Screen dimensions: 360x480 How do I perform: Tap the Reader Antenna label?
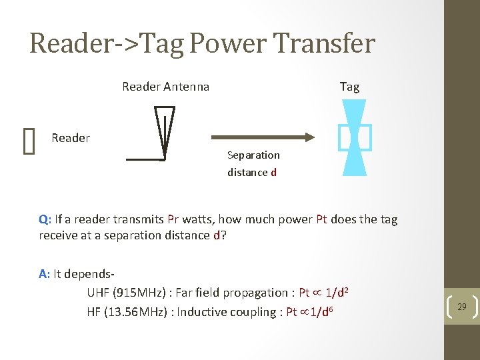165,87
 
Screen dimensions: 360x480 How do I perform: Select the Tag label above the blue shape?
349,87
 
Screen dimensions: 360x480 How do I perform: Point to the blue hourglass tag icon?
354,137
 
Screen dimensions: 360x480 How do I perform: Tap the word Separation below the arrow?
253,155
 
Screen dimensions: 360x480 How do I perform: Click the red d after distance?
273,173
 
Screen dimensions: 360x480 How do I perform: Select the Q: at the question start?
45,219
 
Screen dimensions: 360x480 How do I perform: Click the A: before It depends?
45,273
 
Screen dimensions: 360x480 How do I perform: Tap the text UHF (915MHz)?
126,293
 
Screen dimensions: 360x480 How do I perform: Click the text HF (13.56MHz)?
127,312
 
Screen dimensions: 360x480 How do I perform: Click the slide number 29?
461,307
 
